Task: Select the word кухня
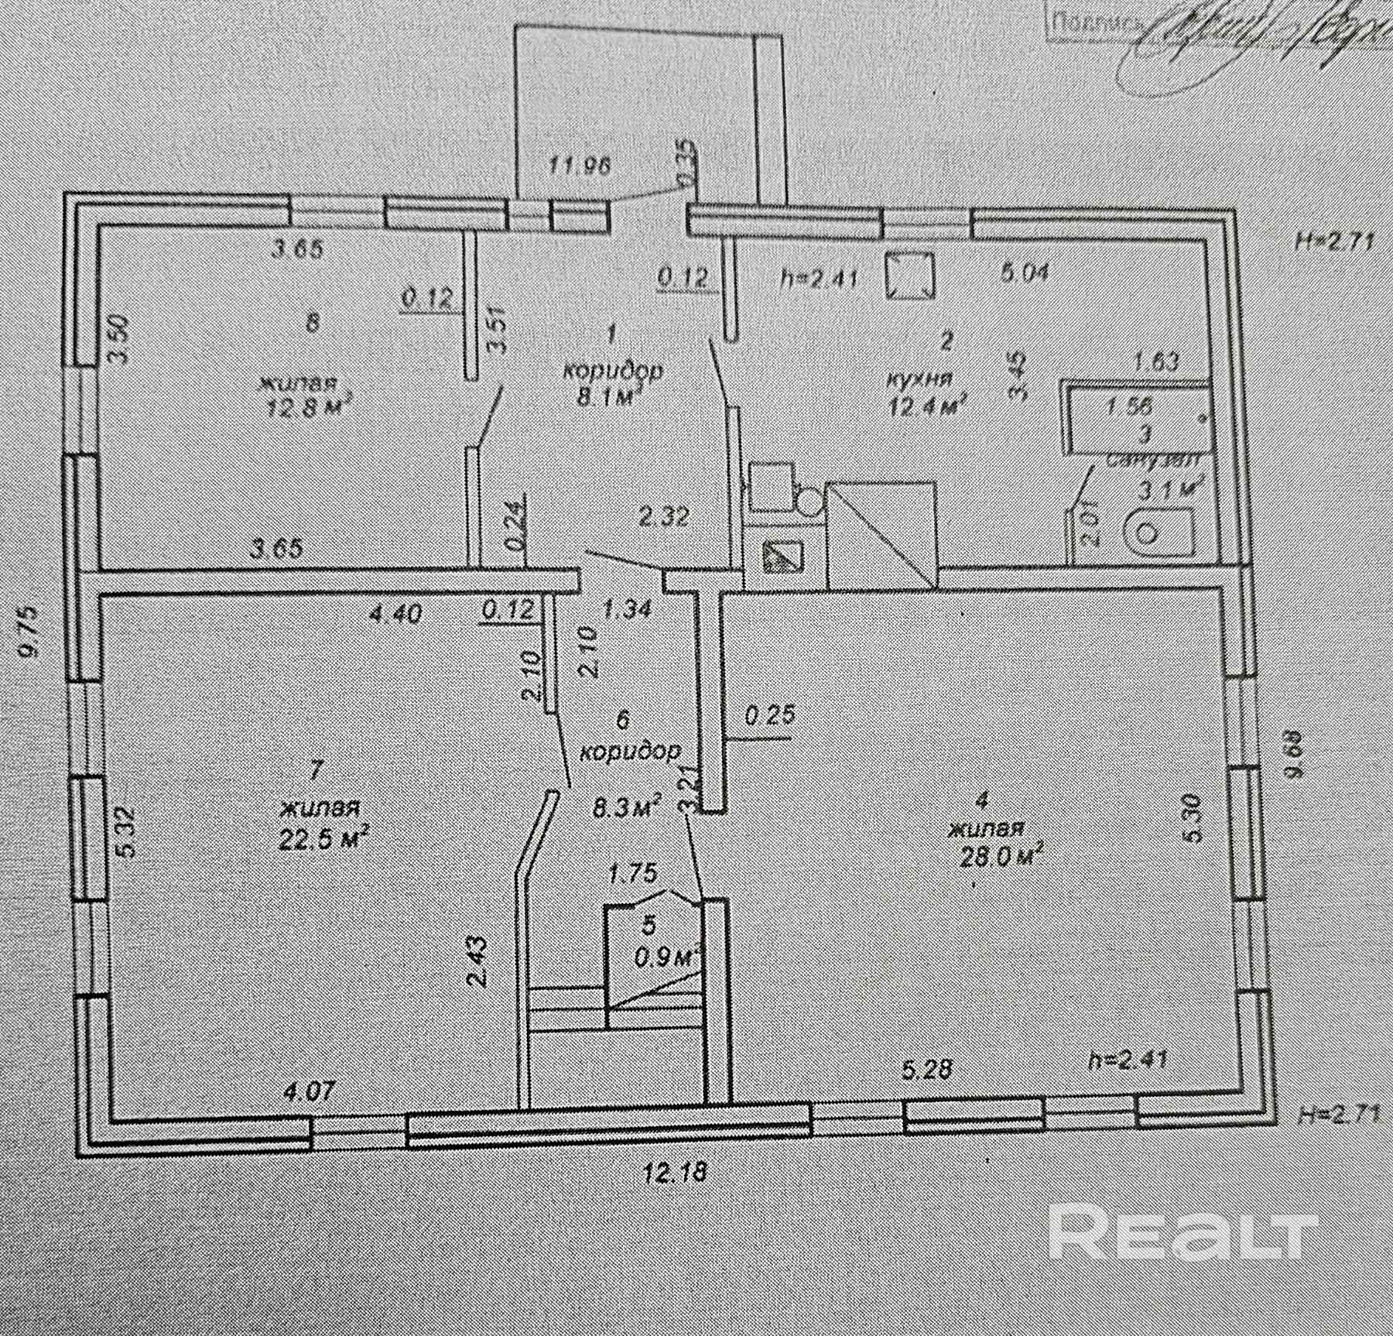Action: (x=920, y=379)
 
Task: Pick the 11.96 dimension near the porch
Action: (x=580, y=165)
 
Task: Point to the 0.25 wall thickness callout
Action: (x=769, y=714)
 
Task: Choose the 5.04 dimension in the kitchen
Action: (x=1025, y=272)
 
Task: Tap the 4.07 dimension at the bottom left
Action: (x=310, y=1092)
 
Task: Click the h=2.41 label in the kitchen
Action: (x=820, y=276)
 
